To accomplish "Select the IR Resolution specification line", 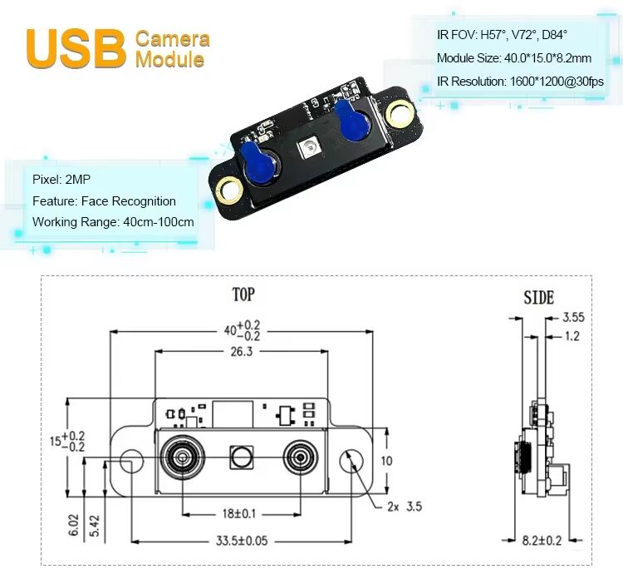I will (520, 82).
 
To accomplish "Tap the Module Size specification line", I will (514, 58).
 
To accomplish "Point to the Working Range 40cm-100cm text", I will (113, 222).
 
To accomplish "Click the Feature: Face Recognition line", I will (104, 200).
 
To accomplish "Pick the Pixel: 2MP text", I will (58, 179).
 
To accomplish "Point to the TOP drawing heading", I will (243, 294).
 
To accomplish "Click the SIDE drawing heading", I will (538, 298).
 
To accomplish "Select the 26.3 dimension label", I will (242, 352).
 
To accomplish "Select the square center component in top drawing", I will (242, 456).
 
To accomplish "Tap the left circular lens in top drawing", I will (181, 456).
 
